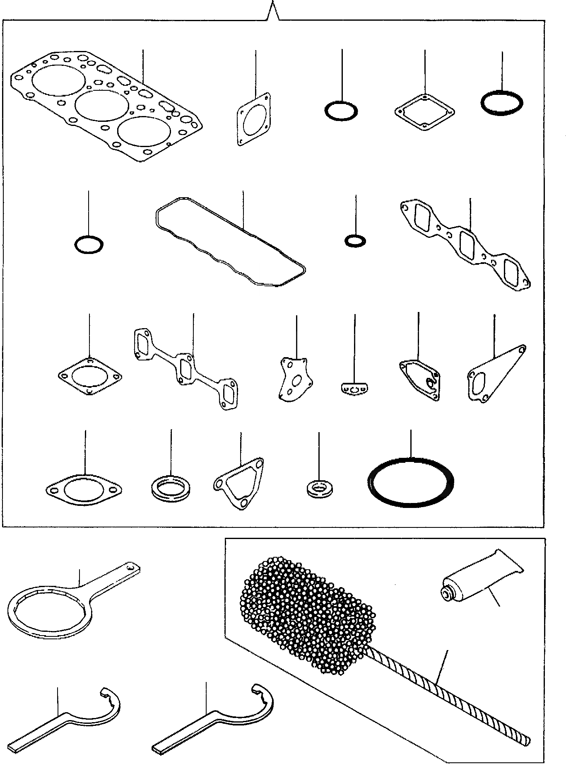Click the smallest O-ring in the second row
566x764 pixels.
[x=355, y=240]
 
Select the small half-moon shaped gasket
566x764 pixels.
[x=354, y=389]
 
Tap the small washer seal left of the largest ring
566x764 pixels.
[x=319, y=488]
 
